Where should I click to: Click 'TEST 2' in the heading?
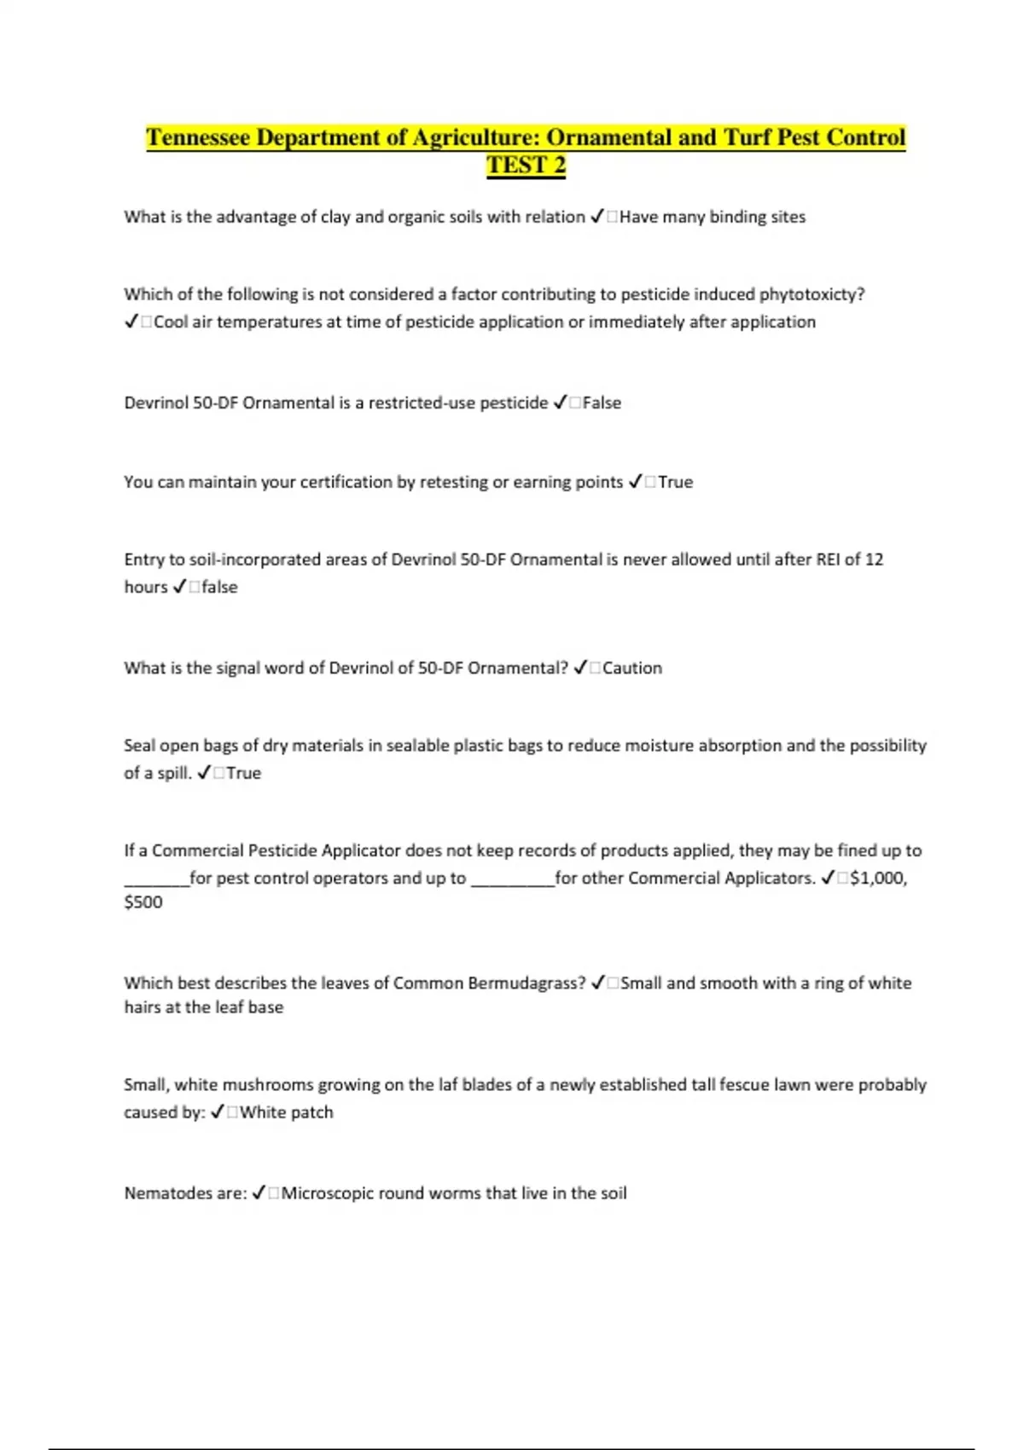pos(526,165)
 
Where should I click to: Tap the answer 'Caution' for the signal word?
pos(631,668)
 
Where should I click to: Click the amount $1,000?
pos(878,878)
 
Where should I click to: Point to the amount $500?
pos(143,902)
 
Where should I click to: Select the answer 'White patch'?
pos(287,1112)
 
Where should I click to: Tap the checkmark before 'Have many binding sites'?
pos(597,217)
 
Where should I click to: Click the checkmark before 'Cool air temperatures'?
pos(131,322)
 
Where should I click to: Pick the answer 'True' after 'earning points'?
pos(675,482)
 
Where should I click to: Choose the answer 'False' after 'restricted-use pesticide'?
pos(602,403)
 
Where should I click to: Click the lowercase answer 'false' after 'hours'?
pos(219,587)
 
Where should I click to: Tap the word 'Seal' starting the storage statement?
pos(139,745)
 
